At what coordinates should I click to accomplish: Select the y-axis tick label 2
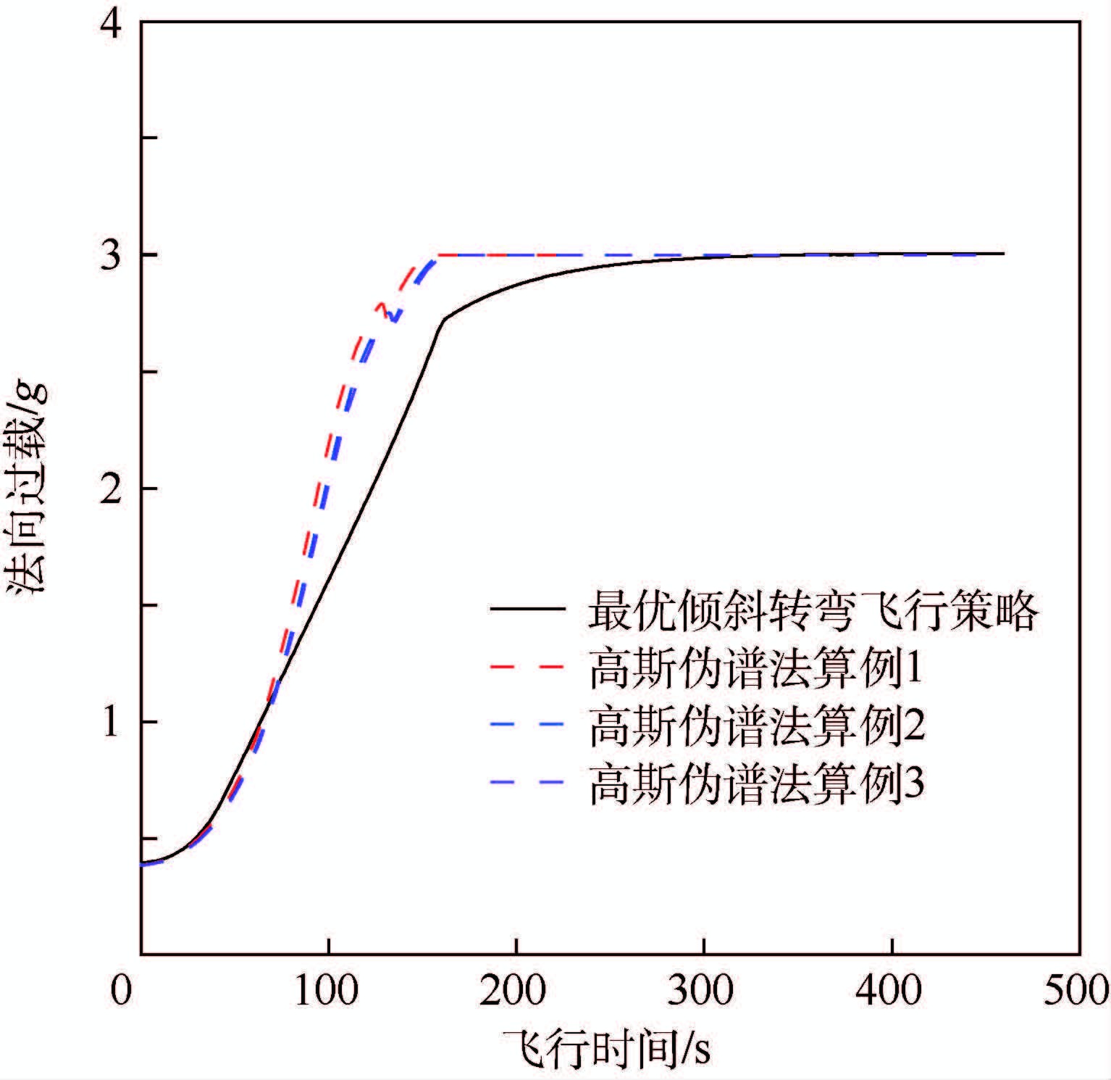tap(112, 490)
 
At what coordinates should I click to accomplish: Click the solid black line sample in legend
tap(527, 610)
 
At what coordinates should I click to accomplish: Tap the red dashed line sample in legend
tap(527, 667)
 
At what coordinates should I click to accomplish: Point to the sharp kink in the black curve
tap(443, 319)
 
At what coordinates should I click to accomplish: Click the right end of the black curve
tap(1004, 254)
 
